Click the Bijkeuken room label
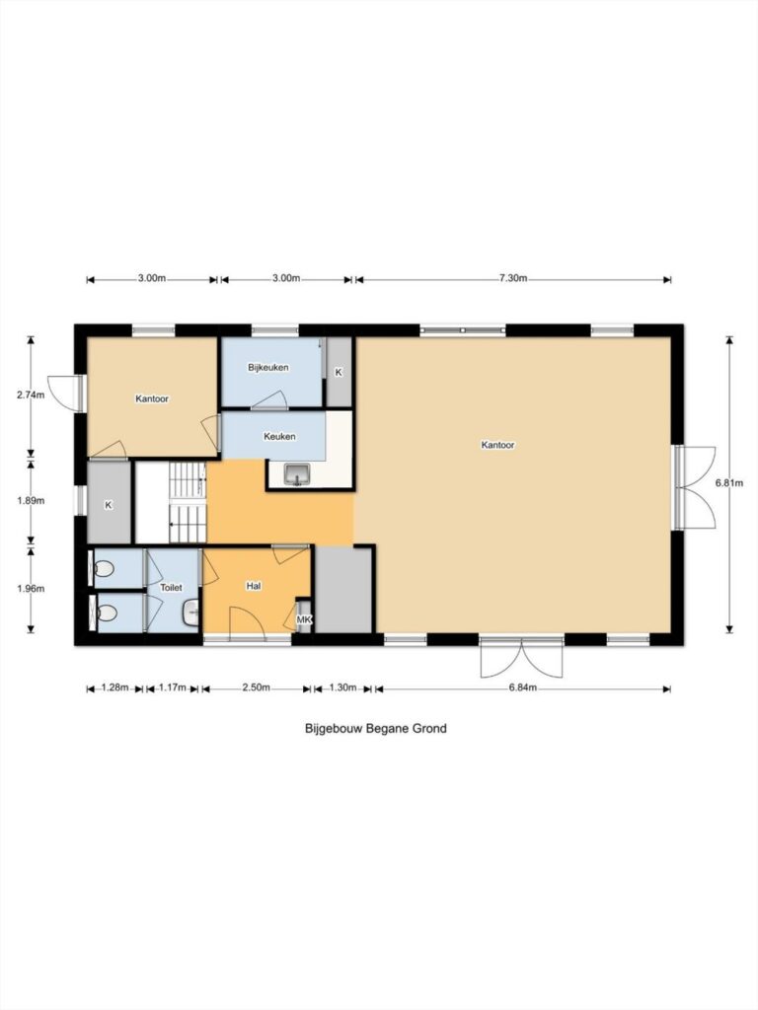point(268,368)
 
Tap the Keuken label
point(279,436)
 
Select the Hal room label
point(254,586)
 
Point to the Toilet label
point(171,588)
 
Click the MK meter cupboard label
point(304,619)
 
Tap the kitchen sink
point(297,475)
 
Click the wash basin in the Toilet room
point(190,613)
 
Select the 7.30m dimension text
point(513,278)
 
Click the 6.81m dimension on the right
point(729,482)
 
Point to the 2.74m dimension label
point(31,396)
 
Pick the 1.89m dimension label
point(31,500)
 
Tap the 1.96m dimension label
point(31,588)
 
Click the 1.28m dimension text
point(115,687)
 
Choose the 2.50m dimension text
point(256,687)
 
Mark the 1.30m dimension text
point(342,687)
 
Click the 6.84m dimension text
point(523,687)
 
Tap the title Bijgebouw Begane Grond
point(376,729)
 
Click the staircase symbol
point(188,502)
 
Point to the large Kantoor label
point(497,445)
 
